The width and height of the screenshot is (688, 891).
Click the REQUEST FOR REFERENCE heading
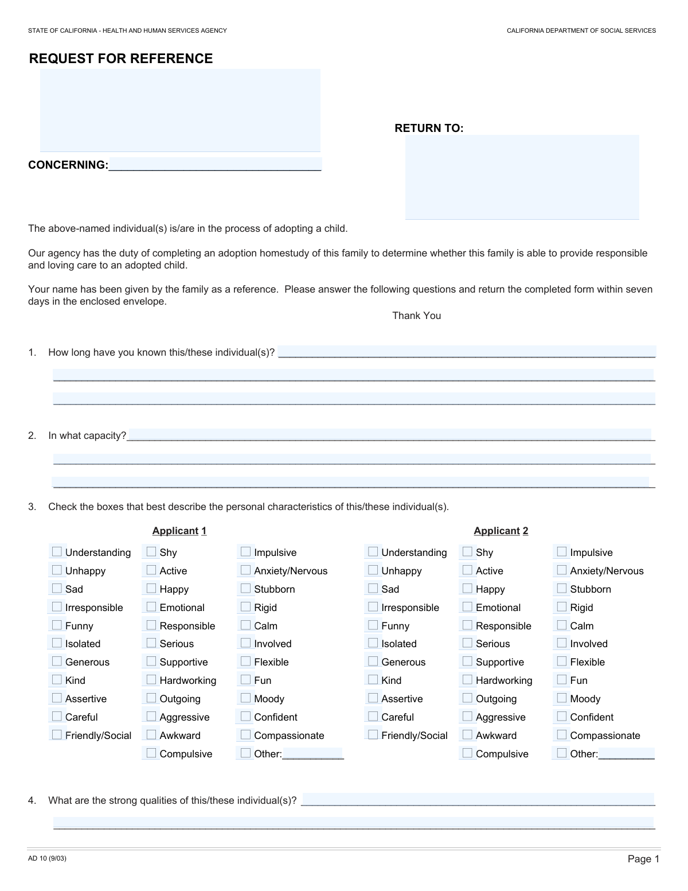click(120, 59)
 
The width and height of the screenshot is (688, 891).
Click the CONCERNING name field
click(215, 165)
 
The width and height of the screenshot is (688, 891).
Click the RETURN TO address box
click(522, 177)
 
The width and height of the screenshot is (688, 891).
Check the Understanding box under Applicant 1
click(57, 552)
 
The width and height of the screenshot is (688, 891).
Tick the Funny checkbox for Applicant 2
click(373, 625)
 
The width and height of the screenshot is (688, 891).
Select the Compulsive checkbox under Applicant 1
click(151, 753)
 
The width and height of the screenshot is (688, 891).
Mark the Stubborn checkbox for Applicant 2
click(562, 589)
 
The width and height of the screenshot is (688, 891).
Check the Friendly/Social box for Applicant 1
click(57, 735)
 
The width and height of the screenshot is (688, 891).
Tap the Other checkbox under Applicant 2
click(562, 753)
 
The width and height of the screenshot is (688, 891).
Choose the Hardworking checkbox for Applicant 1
click(151, 680)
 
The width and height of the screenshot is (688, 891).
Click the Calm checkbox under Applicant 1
click(246, 625)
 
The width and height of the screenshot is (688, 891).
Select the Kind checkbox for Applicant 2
click(373, 680)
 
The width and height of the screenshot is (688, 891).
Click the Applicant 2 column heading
click(501, 531)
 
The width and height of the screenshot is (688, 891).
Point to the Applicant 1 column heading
click(179, 531)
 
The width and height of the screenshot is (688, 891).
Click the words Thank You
click(416, 316)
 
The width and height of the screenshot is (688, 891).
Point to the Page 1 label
click(643, 859)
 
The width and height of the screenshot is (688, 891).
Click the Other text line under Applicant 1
click(312, 753)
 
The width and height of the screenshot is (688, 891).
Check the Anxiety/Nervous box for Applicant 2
click(562, 570)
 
